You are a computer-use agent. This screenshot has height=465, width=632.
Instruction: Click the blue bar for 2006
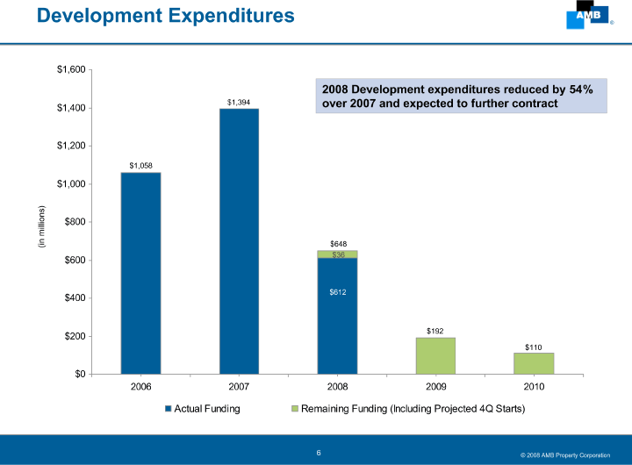tap(140, 273)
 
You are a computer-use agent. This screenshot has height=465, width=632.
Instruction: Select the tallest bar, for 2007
tap(239, 241)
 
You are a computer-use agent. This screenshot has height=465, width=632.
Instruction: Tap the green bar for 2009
tap(435, 355)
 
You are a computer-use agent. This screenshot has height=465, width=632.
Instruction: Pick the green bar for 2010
tap(534, 363)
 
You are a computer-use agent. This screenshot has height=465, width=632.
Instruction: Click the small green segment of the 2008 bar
tap(337, 254)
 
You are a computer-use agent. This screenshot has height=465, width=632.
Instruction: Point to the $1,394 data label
tap(239, 103)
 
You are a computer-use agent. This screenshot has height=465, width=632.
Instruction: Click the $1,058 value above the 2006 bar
tap(140, 165)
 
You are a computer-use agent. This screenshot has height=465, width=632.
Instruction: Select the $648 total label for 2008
tap(338, 243)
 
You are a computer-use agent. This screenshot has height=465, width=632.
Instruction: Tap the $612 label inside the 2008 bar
tap(338, 291)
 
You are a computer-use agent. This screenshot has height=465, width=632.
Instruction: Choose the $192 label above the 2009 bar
tap(435, 331)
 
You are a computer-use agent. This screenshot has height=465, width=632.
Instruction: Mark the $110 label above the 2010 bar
tap(534, 347)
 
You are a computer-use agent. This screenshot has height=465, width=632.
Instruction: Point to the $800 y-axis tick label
tap(75, 222)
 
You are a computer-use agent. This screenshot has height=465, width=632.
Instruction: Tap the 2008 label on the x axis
tap(337, 386)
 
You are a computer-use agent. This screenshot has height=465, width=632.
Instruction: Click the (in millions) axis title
tap(40, 226)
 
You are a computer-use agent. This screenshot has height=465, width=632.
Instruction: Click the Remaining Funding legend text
tap(413, 409)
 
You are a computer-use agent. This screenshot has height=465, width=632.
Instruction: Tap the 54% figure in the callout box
tap(578, 89)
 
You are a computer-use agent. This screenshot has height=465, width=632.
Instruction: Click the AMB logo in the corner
tap(586, 16)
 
